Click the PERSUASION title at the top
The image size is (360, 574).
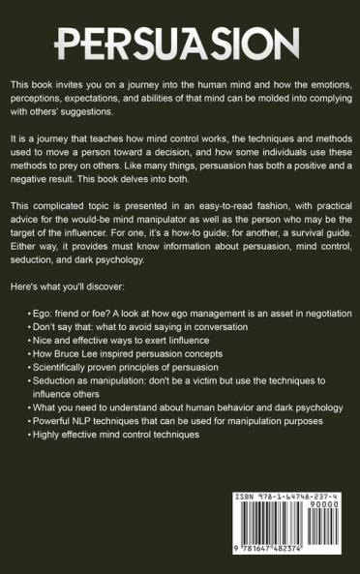[180, 44]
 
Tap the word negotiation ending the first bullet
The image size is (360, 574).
[323, 315]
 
